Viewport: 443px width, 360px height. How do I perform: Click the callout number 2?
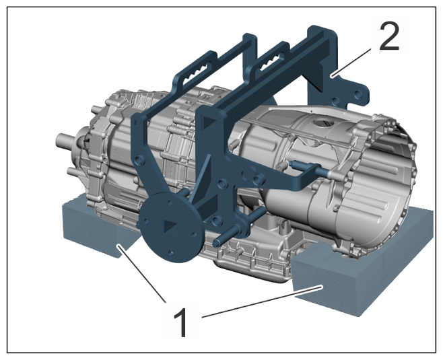(389, 37)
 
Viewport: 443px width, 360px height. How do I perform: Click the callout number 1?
(180, 322)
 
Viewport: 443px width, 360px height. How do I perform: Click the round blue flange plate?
(170, 227)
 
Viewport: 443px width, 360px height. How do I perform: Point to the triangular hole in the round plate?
(170, 225)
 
